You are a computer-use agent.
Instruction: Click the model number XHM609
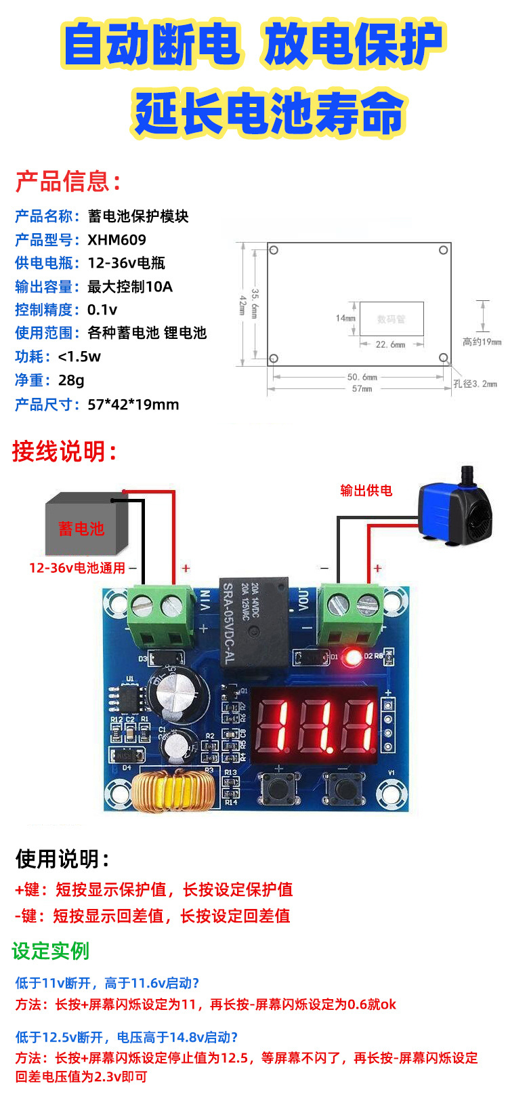coord(117,240)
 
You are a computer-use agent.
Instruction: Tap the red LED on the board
coord(352,657)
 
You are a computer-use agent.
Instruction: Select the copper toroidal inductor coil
coord(173,791)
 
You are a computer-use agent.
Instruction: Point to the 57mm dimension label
coord(362,389)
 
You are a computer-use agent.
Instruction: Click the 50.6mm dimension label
coord(362,377)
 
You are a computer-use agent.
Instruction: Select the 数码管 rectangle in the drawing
coord(391,319)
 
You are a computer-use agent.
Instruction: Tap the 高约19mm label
coord(482,342)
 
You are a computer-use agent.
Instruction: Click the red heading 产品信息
coord(68,182)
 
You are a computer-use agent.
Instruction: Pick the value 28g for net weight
coord(71,380)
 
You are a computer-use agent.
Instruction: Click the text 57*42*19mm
coord(133,405)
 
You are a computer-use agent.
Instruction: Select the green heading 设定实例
coord(51,951)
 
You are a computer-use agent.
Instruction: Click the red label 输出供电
coord(366,490)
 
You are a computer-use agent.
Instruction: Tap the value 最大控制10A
coord(130,287)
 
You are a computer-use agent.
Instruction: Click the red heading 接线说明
coord(64,451)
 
